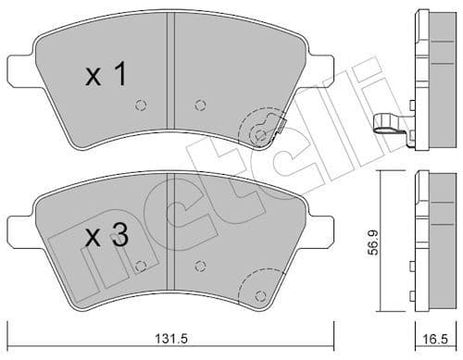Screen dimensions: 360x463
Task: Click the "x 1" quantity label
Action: point(106,75)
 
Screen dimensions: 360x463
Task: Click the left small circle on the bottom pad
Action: point(139,267)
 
